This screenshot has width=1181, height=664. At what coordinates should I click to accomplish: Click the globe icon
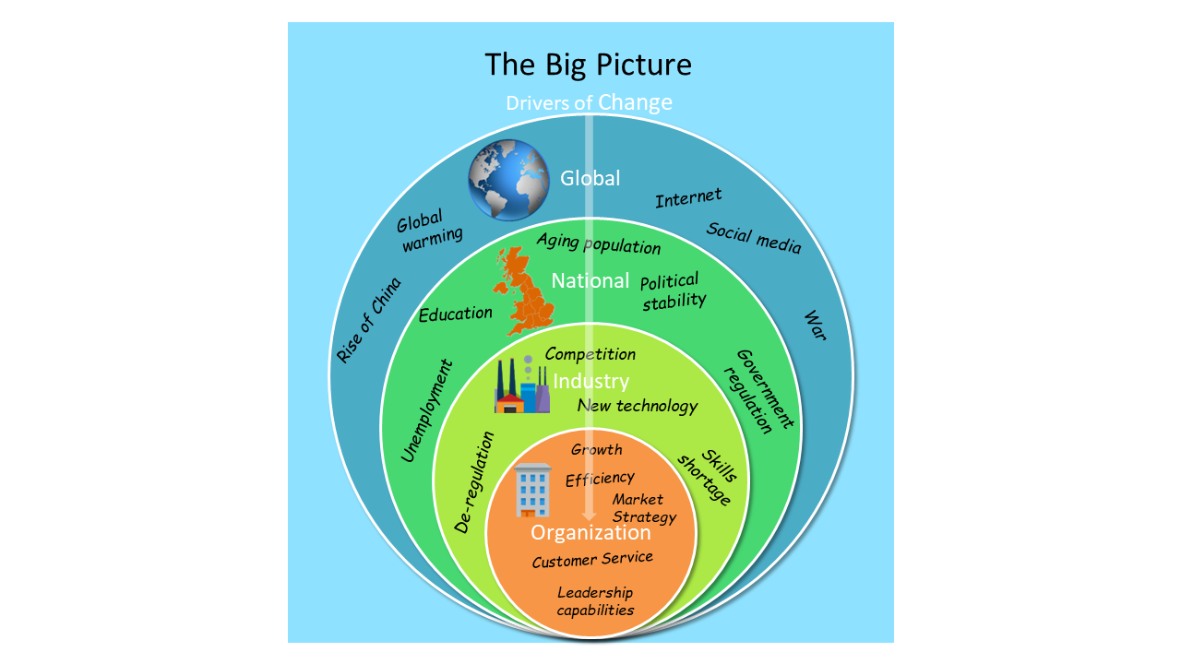[508, 179]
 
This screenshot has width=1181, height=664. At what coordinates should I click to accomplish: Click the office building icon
[533, 489]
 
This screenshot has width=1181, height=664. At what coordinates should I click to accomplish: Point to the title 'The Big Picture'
[589, 65]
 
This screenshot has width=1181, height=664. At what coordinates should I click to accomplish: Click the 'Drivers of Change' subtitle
[589, 101]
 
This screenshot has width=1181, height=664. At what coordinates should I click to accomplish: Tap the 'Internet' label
[688, 197]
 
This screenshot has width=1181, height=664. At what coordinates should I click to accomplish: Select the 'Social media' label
[754, 238]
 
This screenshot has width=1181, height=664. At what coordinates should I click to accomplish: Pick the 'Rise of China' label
[369, 319]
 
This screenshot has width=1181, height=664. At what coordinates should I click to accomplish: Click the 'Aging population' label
[599, 244]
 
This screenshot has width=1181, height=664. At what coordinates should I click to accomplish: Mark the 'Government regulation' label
[764, 391]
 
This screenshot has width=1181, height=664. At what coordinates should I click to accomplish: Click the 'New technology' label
[638, 406]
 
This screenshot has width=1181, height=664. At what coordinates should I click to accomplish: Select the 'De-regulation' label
[475, 481]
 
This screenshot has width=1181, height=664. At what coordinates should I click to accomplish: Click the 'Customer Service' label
[592, 559]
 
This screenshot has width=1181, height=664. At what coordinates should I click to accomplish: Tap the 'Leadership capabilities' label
[595, 600]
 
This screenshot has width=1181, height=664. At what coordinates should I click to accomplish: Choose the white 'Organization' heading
[590, 533]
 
